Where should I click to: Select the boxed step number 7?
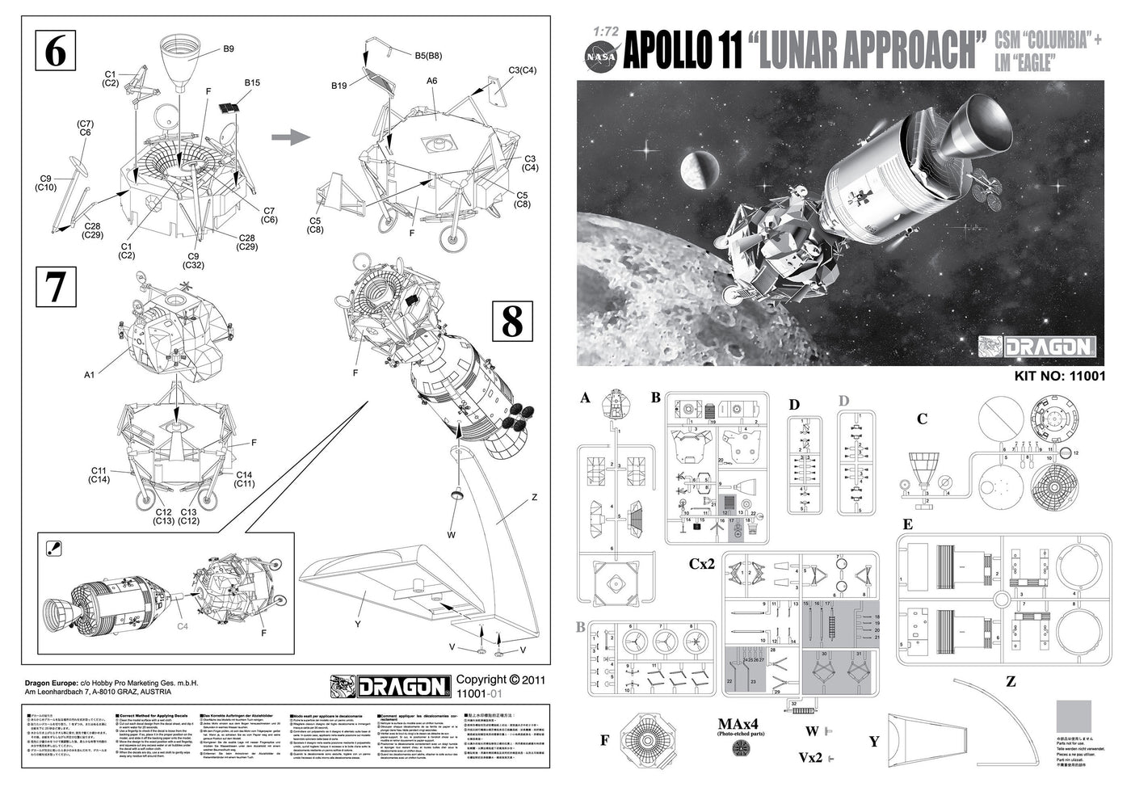click(56, 287)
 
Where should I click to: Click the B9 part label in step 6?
click(229, 49)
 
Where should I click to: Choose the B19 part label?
click(339, 86)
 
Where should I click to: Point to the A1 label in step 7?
click(89, 375)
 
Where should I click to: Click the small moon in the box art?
click(696, 168)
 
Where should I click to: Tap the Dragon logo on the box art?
click(1038, 347)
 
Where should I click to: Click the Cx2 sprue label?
click(702, 563)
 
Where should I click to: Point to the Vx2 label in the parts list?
click(811, 758)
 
